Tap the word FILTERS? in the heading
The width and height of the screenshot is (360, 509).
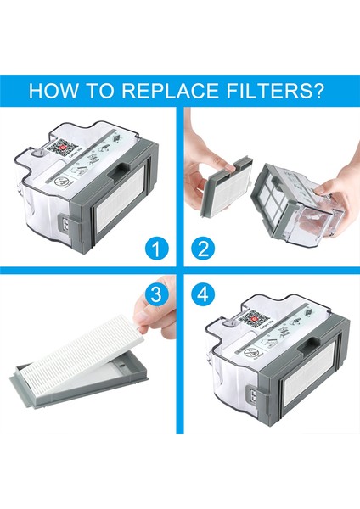pyautogui.click(x=282, y=90)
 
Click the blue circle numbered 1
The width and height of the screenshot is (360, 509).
pyautogui.click(x=155, y=249)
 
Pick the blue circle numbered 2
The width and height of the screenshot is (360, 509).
pyautogui.click(x=202, y=249)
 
